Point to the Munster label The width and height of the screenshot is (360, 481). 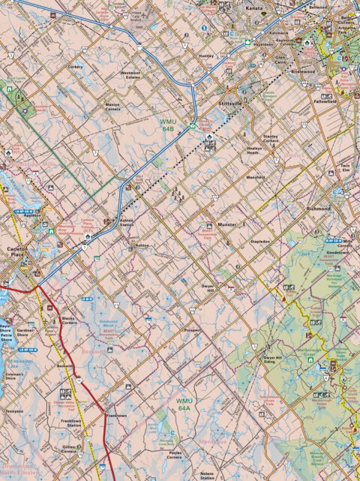tap(226, 224)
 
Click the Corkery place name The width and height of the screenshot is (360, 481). tap(76, 67)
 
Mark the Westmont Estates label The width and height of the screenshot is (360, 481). tap(131, 75)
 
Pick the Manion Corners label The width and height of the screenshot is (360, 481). tap(112, 107)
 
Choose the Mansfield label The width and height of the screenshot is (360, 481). tap(256, 177)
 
